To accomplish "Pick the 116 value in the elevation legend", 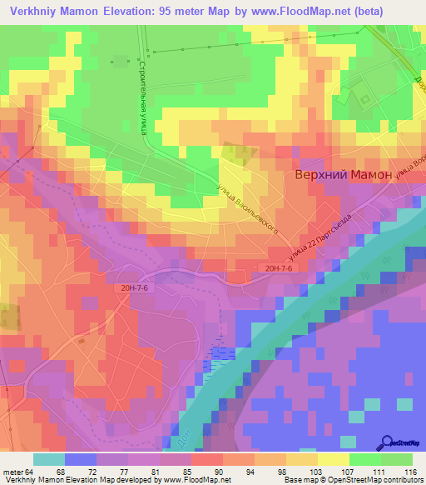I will [x=408, y=472].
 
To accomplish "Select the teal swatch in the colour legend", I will [x=48, y=460].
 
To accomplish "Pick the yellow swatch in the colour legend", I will [x=332, y=460].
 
